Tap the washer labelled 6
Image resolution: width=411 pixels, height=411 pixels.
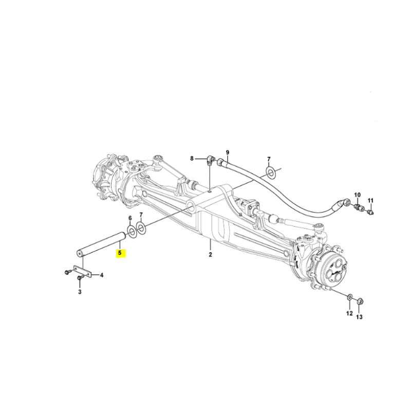pyautogui.click(x=131, y=230)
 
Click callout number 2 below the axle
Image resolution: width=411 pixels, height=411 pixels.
pyautogui.click(x=210, y=254)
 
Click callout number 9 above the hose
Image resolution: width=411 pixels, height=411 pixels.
pyautogui.click(x=227, y=152)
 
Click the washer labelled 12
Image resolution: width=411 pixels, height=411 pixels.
pyautogui.click(x=350, y=297)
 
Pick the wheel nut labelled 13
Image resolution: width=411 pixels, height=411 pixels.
pyautogui.click(x=360, y=302)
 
